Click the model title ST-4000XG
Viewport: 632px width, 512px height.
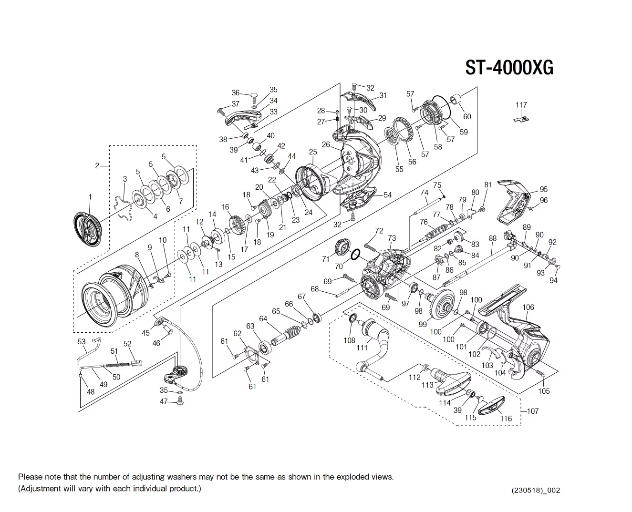[509, 68]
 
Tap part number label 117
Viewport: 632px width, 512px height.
[521, 105]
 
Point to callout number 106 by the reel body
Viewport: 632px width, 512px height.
[528, 307]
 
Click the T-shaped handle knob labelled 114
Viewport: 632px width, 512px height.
[452, 382]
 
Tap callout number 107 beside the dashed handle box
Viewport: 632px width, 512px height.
[532, 411]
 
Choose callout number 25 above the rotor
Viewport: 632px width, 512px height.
[312, 153]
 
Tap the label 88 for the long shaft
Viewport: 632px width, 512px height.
[493, 238]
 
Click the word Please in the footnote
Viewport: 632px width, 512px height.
[30, 477]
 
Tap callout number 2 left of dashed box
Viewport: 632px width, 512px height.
[97, 166]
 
